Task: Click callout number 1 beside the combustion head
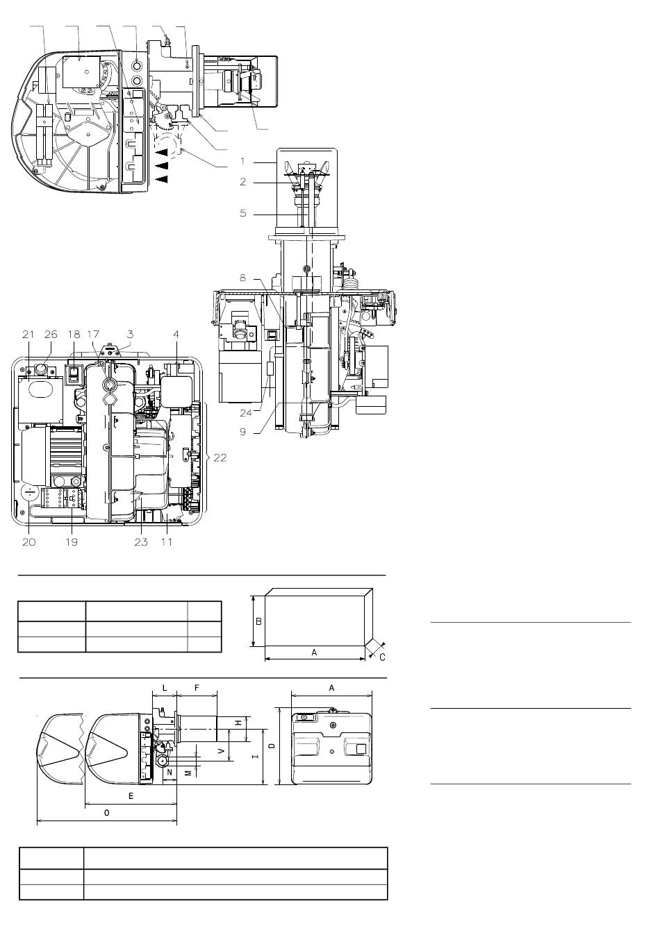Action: point(242,161)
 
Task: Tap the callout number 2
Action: point(242,182)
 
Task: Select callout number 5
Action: point(242,213)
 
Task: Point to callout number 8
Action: point(242,278)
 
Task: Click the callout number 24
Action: point(246,413)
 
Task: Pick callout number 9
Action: point(242,432)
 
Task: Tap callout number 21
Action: point(28,335)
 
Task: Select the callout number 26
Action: point(51,335)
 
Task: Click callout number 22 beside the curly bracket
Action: point(220,457)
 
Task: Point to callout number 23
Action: point(142,541)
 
